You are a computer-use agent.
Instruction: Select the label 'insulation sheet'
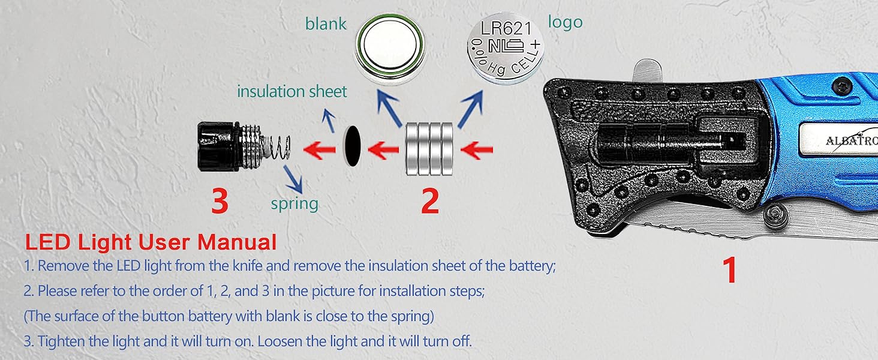[x=292, y=92]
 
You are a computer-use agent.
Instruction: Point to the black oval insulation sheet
[x=352, y=147]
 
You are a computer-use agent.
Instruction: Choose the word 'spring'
[x=294, y=203]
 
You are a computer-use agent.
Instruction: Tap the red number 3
[x=220, y=202]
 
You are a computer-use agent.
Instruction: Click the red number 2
[x=429, y=202]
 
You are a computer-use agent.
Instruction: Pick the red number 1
[x=729, y=271]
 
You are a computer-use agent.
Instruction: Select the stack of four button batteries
[x=429, y=148]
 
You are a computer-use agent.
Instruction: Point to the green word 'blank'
[x=326, y=24]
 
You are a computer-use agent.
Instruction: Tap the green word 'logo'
[x=565, y=23]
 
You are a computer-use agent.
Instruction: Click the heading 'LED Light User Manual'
[x=151, y=242]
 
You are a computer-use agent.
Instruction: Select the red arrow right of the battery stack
[x=479, y=148]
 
